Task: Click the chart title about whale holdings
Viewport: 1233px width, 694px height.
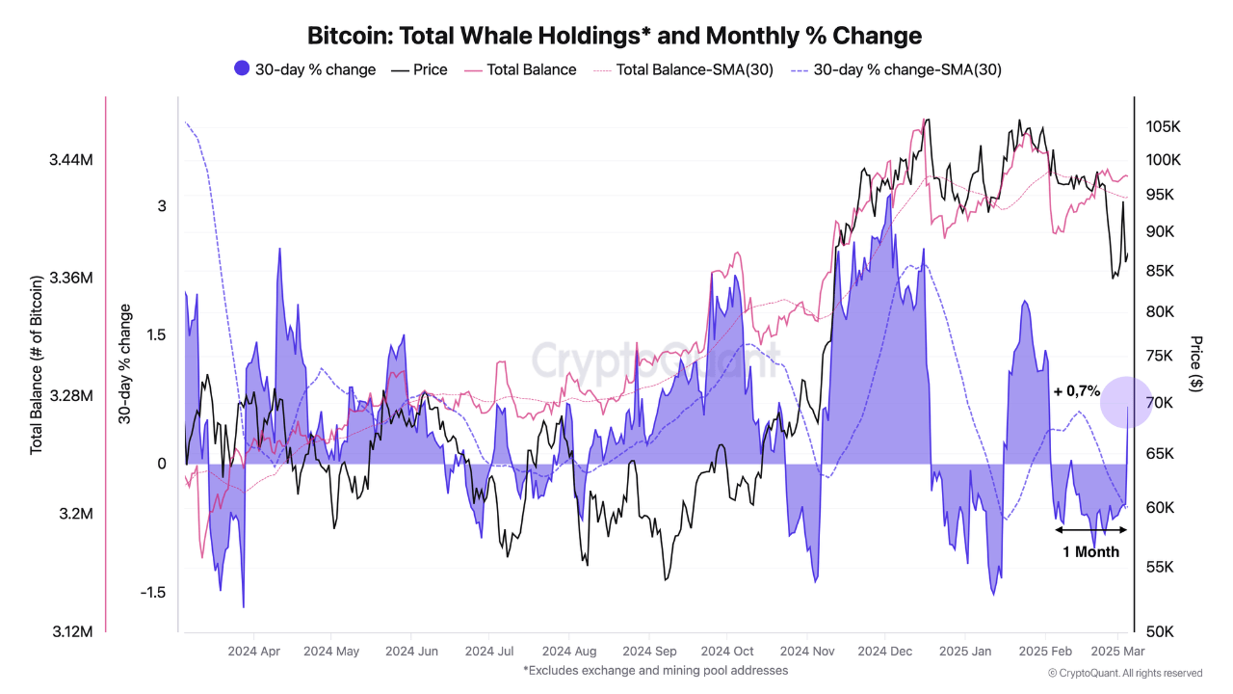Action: point(615,36)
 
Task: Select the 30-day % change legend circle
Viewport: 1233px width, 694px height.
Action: point(242,68)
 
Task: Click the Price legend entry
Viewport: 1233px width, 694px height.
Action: point(419,69)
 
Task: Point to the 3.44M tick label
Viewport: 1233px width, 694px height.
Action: point(70,159)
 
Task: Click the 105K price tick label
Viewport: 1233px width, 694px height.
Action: point(1163,127)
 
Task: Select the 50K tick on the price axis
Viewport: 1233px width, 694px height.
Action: point(1159,631)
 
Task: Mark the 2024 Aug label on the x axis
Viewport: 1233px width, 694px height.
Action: point(569,652)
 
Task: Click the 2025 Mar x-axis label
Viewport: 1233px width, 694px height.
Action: point(1117,652)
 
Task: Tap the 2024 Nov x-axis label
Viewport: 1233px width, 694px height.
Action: point(807,652)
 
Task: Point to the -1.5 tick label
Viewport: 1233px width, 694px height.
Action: point(152,592)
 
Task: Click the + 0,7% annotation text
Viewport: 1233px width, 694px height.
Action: point(1076,391)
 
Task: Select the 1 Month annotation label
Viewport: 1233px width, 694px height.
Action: point(1090,552)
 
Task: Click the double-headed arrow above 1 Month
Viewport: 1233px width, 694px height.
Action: point(1090,529)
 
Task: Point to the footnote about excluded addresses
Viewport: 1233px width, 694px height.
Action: point(655,670)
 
